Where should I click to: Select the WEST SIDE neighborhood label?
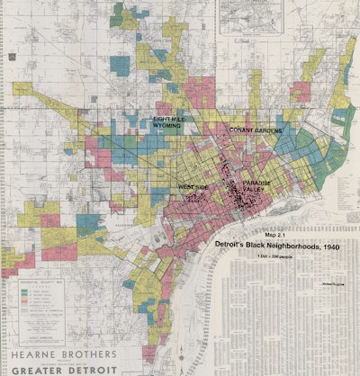click(193, 187)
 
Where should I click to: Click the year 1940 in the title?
click(323, 244)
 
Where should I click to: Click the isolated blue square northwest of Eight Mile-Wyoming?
click(120, 64)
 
